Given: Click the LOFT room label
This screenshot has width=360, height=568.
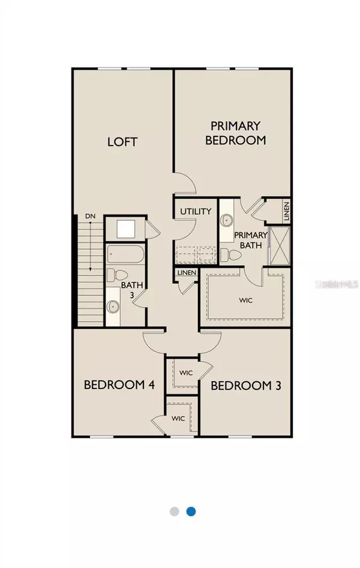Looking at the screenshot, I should [122, 142].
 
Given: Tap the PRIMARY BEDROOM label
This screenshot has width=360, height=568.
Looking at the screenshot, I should [236, 133].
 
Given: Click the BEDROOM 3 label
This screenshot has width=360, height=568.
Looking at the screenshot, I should [245, 386].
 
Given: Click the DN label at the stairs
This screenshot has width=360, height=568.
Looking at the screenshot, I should [90, 216].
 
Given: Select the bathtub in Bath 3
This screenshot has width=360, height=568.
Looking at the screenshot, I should [125, 255].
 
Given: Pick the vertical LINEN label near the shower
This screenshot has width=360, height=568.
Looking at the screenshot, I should [287, 211].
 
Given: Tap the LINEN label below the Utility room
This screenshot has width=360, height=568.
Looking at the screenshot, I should [185, 274].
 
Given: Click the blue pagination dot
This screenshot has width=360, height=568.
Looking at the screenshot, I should [191, 511].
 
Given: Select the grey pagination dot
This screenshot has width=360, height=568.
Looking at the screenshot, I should [175, 511].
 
